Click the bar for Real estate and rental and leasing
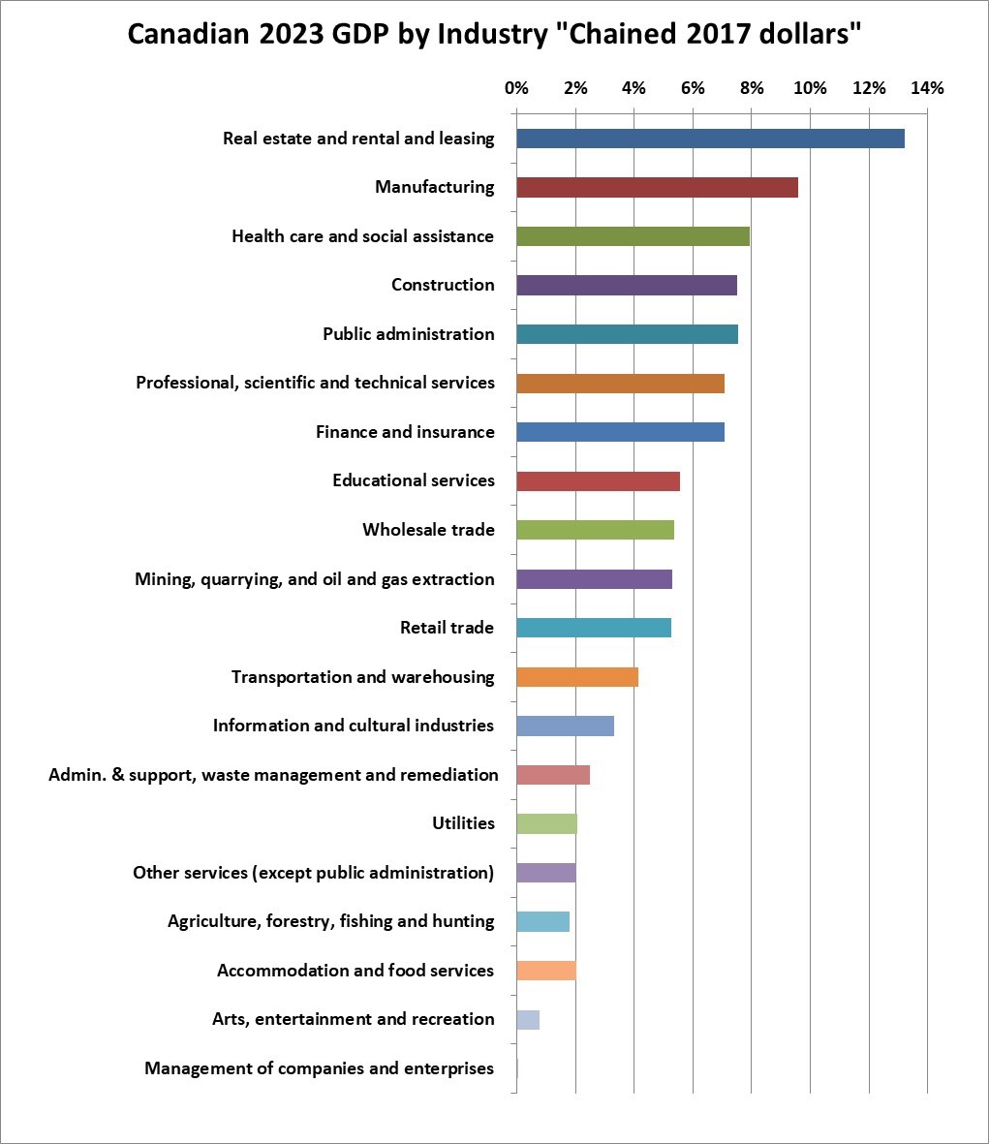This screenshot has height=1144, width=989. tap(710, 139)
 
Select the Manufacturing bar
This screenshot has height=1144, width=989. tap(657, 188)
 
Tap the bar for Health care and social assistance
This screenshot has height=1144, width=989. tap(633, 236)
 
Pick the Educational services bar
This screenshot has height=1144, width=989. tap(598, 481)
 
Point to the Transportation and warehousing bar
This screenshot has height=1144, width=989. tap(577, 677)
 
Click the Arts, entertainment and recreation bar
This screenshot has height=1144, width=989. tap(528, 1020)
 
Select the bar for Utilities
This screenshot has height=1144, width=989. tap(546, 824)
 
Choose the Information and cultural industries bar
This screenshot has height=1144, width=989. tap(565, 727)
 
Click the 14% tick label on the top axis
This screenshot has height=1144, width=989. tap(927, 88)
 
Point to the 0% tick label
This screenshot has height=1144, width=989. tap(516, 88)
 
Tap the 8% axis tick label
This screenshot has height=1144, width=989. tap(752, 88)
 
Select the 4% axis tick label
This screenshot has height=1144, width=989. tap(634, 88)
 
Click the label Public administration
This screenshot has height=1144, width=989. tap(408, 334)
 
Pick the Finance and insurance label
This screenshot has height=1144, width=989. tap(405, 432)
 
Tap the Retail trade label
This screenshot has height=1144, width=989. tap(447, 628)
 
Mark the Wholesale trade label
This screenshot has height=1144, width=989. tap(428, 530)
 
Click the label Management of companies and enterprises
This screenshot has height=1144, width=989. tap(319, 1068)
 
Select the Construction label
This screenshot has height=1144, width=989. tap(443, 285)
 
